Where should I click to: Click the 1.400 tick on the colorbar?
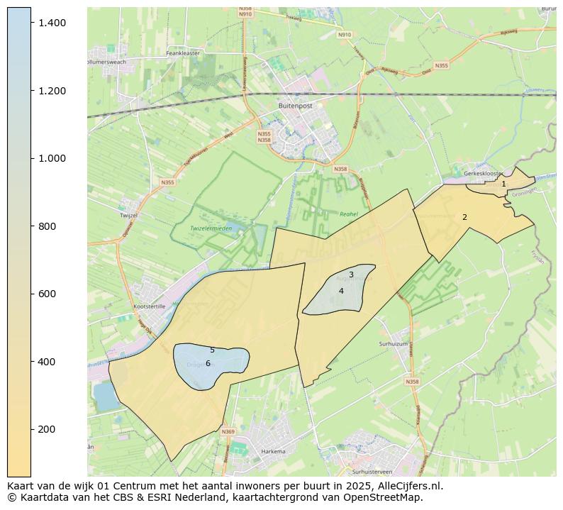tap(31, 23)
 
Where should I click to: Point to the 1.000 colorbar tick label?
tap(52, 158)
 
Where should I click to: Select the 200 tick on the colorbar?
tap(31, 429)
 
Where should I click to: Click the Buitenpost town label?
tap(296, 105)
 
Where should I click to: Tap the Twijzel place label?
tap(128, 215)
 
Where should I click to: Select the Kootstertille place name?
tap(149, 306)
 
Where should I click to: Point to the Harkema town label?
tap(272, 452)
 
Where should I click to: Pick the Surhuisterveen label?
tap(372, 472)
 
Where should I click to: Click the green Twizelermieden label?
tap(211, 228)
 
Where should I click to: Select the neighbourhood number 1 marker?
tap(503, 184)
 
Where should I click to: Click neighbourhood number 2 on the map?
tap(464, 217)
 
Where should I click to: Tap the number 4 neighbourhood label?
tap(341, 291)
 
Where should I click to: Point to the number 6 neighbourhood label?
tap(208, 363)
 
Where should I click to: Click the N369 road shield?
tap(228, 431)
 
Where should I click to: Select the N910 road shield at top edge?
tap(245, 13)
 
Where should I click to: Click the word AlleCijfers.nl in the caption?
tap(408, 486)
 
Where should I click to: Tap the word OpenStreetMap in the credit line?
tap(386, 497)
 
